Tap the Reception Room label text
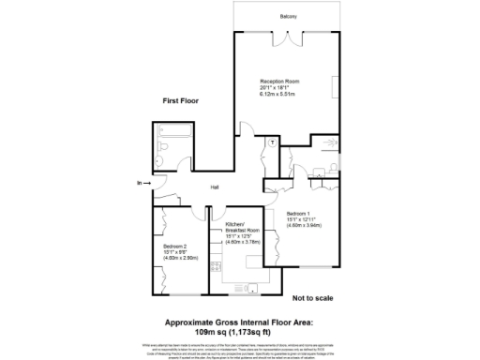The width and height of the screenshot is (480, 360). click(x=277, y=82)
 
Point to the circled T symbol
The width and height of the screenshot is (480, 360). click(x=271, y=141)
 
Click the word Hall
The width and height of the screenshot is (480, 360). click(x=215, y=187)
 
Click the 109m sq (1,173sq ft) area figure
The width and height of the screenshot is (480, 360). click(x=239, y=331)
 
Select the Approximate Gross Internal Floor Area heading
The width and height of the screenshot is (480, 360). click(x=239, y=322)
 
